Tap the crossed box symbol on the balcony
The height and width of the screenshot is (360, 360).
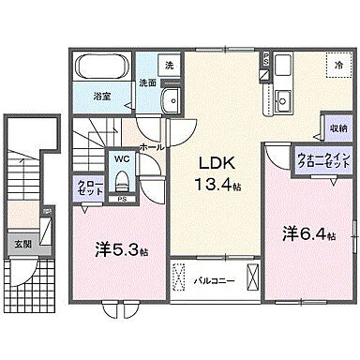(251, 277)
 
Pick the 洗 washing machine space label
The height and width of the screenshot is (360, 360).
(168, 66)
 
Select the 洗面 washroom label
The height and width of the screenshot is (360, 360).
(148, 82)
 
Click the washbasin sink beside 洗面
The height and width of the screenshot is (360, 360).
(170, 102)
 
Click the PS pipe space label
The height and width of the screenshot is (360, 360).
(122, 200)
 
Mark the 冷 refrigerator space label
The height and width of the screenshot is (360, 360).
(338, 67)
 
